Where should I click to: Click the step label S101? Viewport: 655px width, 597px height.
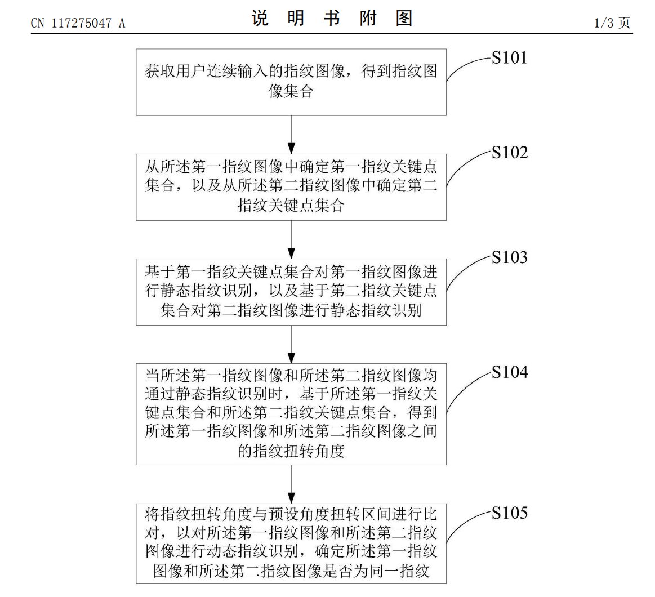pos(509,58)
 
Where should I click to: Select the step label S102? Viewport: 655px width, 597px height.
pos(509,153)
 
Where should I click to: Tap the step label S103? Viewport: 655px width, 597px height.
pos(509,257)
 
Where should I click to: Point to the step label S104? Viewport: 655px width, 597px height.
pos(509,372)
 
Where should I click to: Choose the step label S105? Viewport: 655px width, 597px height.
pos(509,513)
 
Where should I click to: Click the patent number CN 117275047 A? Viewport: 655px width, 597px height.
pos(78,23)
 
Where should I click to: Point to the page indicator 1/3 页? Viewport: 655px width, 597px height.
pos(612,23)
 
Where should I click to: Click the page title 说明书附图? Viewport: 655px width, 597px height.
pos(332,19)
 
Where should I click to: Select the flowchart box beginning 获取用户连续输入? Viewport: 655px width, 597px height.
pos(291,82)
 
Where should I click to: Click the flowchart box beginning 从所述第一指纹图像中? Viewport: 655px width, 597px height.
pos(291,186)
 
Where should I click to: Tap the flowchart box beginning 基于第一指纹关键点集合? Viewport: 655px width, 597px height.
pos(291,292)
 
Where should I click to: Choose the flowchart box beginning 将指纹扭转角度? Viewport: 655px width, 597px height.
pos(291,543)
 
